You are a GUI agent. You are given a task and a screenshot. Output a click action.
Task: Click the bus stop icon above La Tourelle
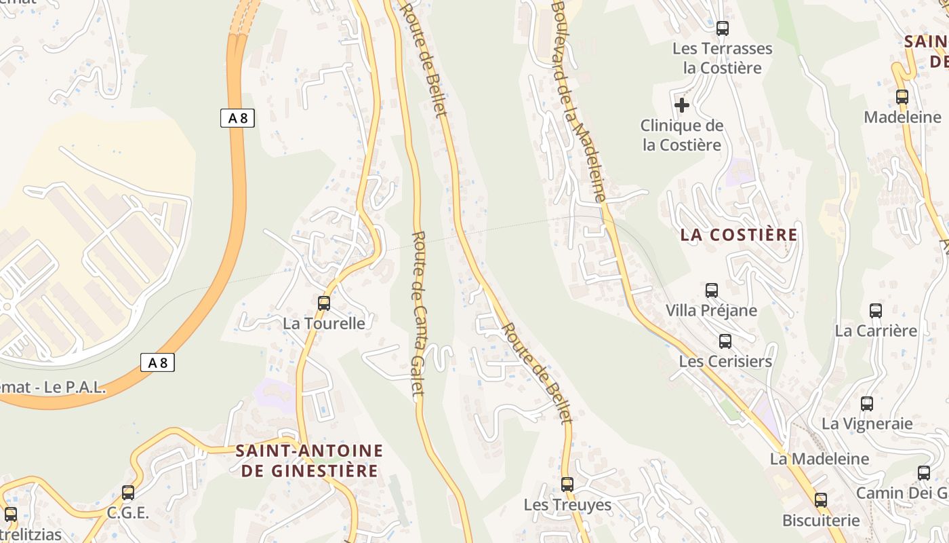coord(324,303)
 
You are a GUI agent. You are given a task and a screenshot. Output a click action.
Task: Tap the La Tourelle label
coord(323,324)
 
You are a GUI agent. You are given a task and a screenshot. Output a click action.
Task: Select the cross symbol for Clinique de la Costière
coord(682,105)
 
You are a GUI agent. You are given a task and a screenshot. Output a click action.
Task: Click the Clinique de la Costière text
coord(682,135)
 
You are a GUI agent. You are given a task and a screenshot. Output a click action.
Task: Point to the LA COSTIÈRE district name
coord(739,235)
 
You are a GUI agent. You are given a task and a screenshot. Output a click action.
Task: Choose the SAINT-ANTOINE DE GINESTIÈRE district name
coord(309,460)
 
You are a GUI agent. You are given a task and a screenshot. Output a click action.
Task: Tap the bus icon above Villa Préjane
coord(712,291)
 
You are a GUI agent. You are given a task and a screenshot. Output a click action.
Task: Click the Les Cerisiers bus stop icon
coord(725,341)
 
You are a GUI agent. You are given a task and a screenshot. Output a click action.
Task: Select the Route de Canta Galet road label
coord(418,316)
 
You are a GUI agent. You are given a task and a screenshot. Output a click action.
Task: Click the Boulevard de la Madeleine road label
coord(578,102)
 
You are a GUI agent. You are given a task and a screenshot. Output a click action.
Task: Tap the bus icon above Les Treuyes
coord(567,485)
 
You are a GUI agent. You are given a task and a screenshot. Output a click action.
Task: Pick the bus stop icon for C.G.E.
coord(128,493)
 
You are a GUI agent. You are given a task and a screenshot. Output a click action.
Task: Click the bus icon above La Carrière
coord(876,311)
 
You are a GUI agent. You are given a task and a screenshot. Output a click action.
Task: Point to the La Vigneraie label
coord(867,424)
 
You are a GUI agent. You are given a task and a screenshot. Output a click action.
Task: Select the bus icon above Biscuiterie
coord(821,501)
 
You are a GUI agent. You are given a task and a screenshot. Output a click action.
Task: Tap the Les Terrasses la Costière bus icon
coord(723,29)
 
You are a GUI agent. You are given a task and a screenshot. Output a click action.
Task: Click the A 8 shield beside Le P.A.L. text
coord(158,363)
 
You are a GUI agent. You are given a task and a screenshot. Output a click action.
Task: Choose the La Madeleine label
coord(819,459)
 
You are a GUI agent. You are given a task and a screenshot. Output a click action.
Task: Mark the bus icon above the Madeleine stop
coord(902,97)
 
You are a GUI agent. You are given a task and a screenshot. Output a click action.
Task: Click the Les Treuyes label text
coord(567,505)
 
